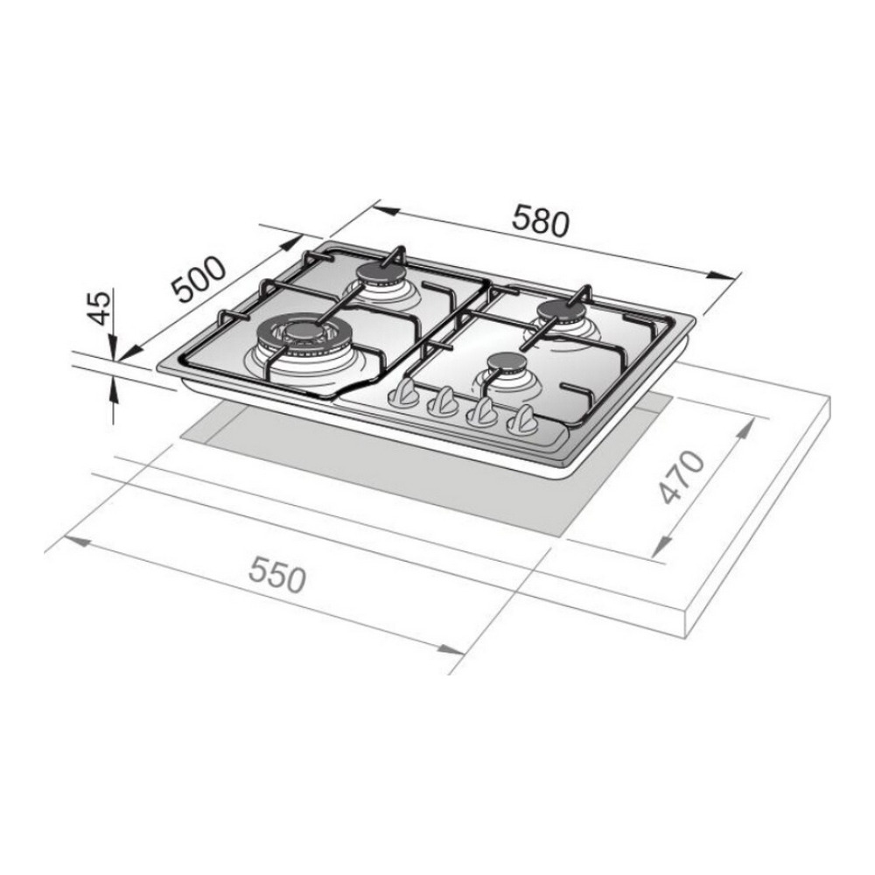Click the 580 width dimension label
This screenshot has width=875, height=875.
coord(541,220)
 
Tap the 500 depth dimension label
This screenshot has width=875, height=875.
coord(199,279)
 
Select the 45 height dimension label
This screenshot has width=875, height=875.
coord(101,307)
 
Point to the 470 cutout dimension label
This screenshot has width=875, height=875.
coord(682,477)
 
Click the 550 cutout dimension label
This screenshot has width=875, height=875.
coord(277,575)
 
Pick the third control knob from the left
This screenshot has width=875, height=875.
coord(483,412)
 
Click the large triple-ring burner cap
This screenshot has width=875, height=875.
coord(304,332)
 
